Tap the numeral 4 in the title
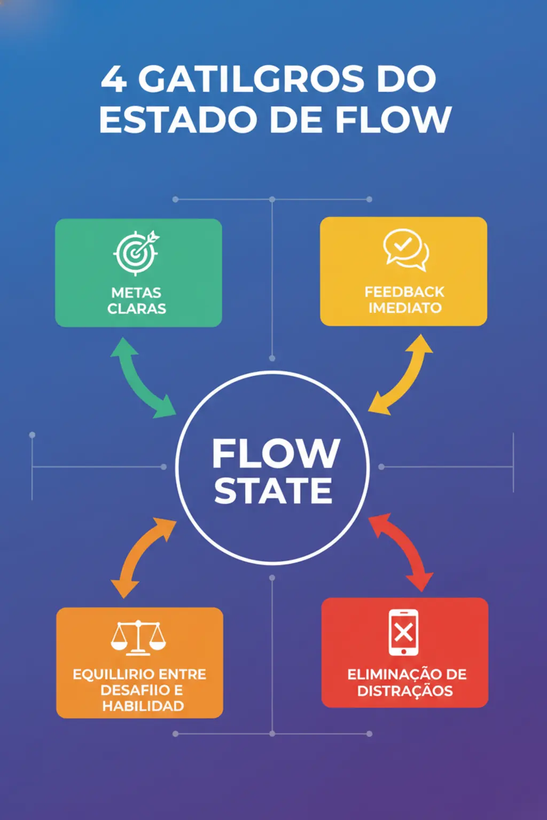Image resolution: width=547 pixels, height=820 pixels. [114, 79]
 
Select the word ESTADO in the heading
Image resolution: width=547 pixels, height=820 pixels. [178, 119]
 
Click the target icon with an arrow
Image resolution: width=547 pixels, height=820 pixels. [136, 253]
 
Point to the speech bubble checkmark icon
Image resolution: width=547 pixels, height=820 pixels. [406, 250]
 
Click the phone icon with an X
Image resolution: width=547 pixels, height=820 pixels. [403, 632]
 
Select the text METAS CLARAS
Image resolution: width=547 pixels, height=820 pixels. [136, 301]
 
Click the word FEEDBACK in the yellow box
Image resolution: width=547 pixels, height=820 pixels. [404, 292]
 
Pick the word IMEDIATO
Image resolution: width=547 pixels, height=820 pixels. [405, 308]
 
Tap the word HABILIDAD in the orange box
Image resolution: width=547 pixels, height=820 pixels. [143, 706]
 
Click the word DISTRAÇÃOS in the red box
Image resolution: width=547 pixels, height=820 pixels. [405, 691]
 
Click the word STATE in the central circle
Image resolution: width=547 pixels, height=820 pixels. [273, 491]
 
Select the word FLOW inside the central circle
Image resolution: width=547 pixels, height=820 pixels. [276, 454]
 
